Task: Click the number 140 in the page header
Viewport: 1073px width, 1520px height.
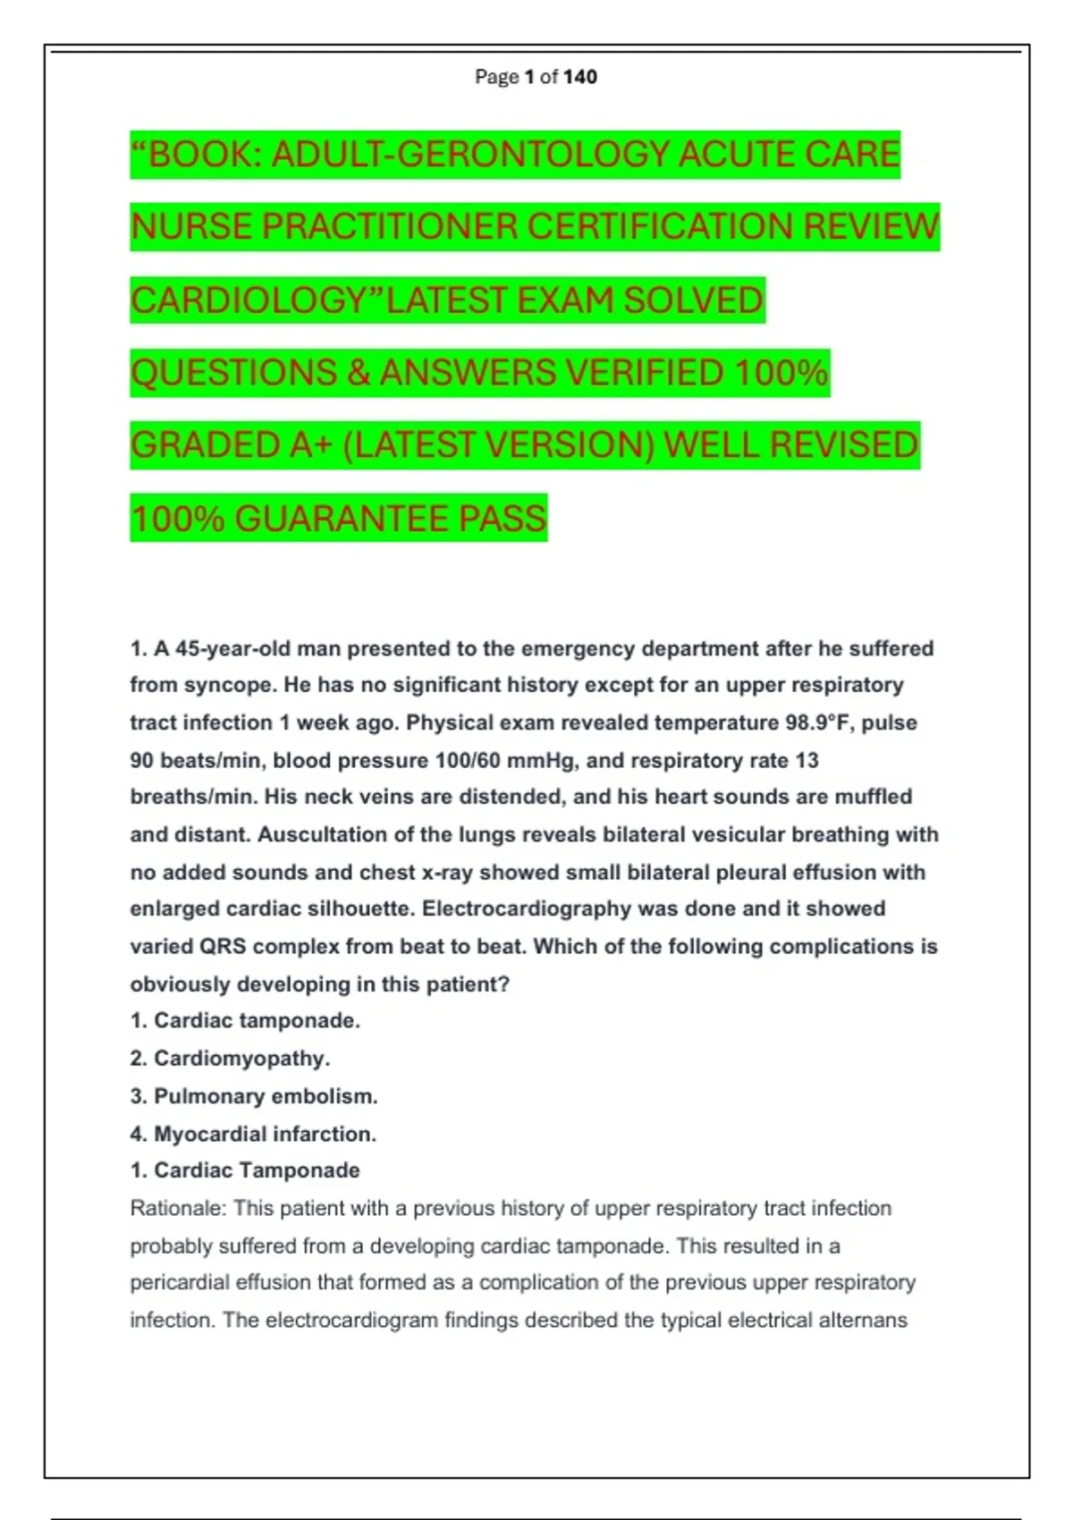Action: pyautogui.click(x=580, y=77)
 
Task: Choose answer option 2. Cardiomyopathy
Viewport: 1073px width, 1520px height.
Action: pyautogui.click(x=231, y=1059)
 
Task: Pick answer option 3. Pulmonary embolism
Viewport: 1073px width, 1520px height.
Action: pyautogui.click(x=254, y=1096)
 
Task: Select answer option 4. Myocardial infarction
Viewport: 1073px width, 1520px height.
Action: pyautogui.click(x=253, y=1134)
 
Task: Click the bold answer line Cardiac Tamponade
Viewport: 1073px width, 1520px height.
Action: pyautogui.click(x=246, y=1170)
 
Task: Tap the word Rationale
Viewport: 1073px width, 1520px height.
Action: pyautogui.click(x=178, y=1209)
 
